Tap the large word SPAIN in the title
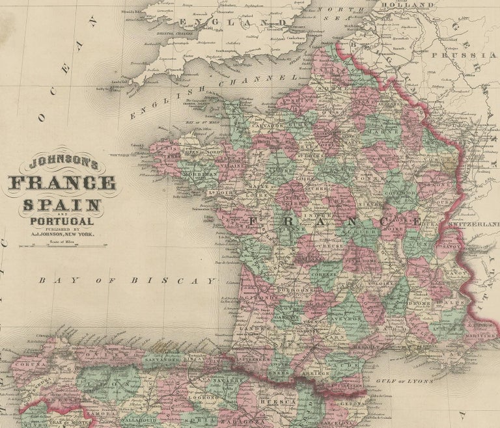62,206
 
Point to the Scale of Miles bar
62,245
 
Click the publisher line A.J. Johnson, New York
62,236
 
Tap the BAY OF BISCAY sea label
126,281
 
